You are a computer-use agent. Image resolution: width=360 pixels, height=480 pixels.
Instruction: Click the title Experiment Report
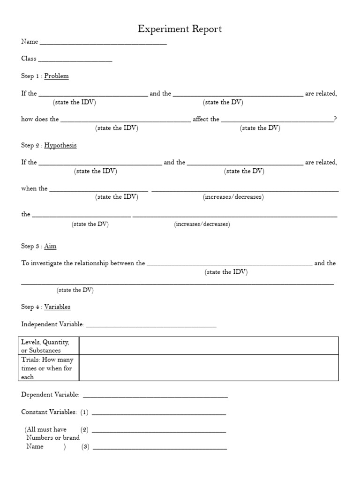180,29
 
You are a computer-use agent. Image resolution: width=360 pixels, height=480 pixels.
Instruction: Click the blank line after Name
103,44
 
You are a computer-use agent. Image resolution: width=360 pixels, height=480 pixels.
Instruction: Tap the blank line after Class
75,61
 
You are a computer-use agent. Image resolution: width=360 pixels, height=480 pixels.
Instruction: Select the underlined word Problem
56,76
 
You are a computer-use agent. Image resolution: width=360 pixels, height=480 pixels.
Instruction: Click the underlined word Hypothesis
60,145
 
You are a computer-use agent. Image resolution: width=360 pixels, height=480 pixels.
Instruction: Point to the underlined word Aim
50,246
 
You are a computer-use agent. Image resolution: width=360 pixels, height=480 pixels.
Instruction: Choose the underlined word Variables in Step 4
57,307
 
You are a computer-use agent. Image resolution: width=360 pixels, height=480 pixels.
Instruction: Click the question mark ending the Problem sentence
335,119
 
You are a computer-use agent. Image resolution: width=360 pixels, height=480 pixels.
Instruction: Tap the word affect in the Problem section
199,119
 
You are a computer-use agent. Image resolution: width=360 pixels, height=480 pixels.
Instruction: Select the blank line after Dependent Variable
155,397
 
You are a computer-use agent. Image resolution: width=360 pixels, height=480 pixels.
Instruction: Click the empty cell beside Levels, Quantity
209,345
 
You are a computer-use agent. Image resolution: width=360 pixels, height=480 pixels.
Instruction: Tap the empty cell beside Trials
209,368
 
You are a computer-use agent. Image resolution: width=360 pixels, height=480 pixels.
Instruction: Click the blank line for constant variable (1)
159,414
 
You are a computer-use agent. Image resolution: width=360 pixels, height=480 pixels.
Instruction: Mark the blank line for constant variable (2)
159,431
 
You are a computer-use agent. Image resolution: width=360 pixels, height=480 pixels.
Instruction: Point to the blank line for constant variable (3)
159,449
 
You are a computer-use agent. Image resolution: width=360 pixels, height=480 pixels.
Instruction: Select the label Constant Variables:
49,412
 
